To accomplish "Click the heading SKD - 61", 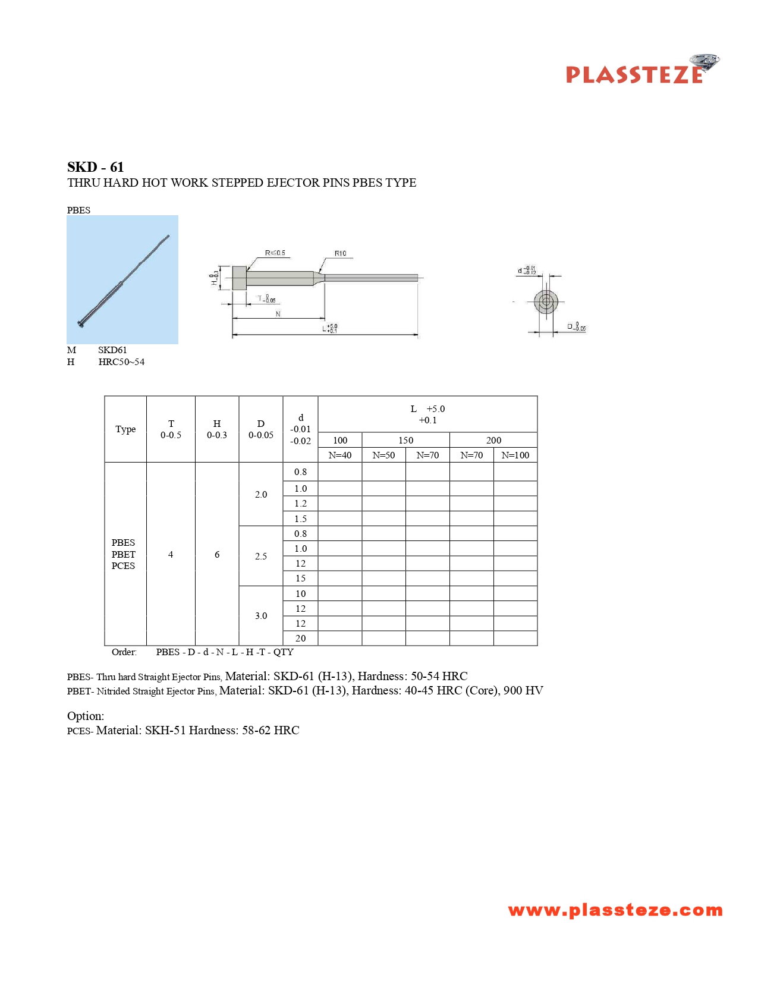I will [95, 167].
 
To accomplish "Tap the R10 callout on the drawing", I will [340, 253].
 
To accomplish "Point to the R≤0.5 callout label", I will [275, 253].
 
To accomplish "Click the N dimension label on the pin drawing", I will [278, 314].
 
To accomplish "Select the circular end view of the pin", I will [546, 301].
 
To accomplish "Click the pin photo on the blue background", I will [122, 279].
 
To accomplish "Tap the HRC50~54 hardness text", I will [121, 362].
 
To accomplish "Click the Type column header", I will [125, 429].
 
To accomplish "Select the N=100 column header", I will [515, 455].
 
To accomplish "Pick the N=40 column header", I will [340, 455].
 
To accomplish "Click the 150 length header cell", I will [405, 441].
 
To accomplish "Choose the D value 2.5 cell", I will [261, 556].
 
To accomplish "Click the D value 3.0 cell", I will [261, 616].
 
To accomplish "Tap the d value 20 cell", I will [301, 639].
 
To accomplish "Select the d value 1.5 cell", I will [301, 519].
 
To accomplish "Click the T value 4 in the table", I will [171, 555].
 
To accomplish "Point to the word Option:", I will [86, 716].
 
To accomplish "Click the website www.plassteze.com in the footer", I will [615, 910].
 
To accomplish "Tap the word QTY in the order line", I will [284, 652].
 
